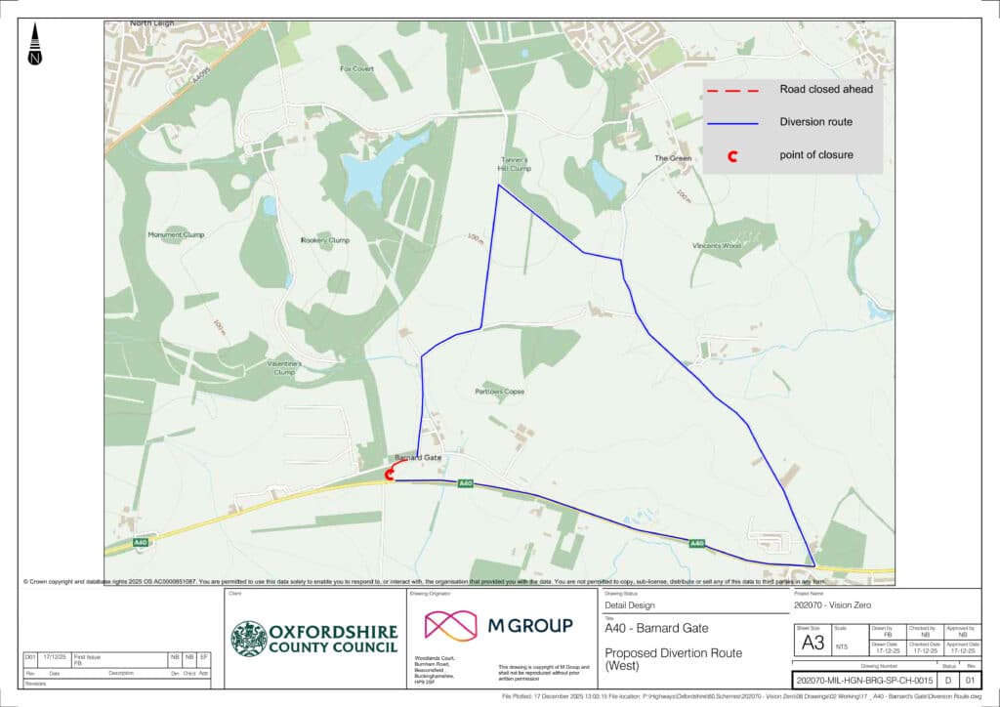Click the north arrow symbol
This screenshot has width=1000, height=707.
(35, 45)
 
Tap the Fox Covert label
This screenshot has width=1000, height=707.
(356, 69)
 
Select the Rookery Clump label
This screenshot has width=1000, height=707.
(325, 240)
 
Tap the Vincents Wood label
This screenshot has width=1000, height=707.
(717, 245)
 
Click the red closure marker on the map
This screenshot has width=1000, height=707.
(390, 475)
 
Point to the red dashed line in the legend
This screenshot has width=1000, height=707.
(731, 90)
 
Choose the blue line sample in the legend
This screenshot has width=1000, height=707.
(731, 123)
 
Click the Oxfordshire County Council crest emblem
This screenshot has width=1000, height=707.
(248, 639)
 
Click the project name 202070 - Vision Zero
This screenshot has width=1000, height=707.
(833, 605)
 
